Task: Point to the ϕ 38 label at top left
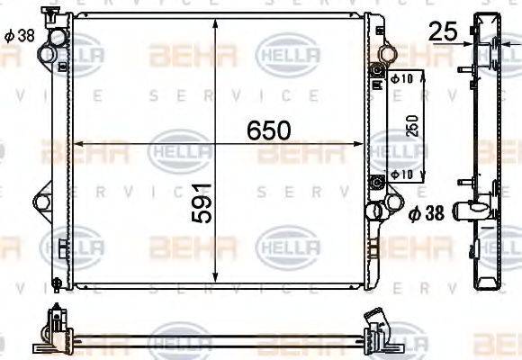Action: click(19, 36)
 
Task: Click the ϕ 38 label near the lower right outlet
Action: click(427, 213)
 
